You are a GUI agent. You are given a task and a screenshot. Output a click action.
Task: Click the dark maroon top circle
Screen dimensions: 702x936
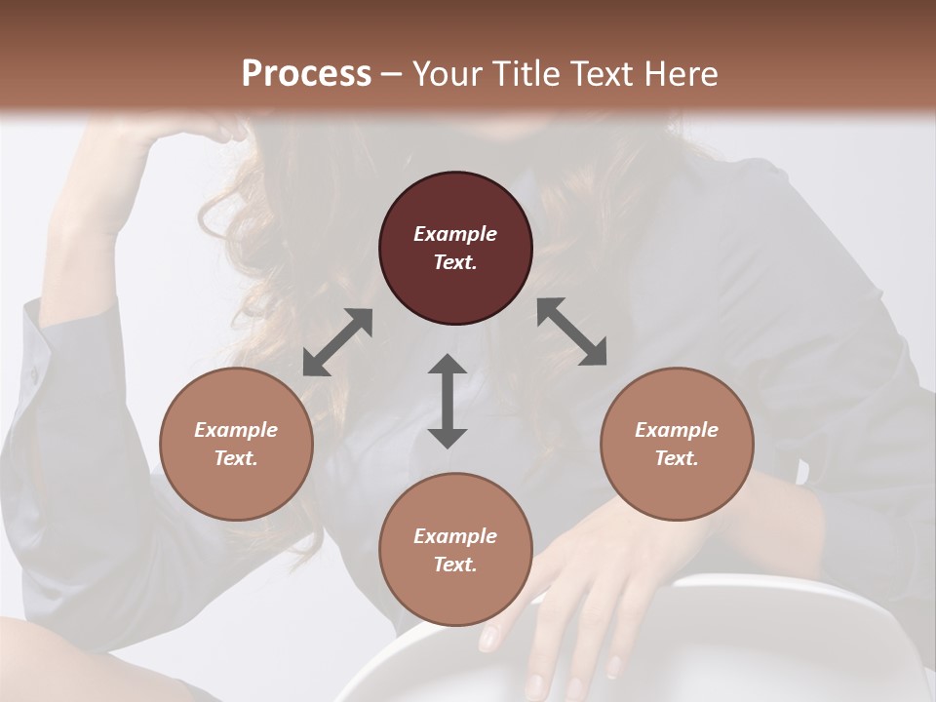455,248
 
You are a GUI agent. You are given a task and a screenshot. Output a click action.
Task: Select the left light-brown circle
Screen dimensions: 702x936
236,444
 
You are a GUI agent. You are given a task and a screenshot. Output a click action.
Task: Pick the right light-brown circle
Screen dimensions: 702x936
677,444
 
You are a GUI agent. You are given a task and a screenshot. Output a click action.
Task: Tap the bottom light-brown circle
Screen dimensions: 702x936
455,550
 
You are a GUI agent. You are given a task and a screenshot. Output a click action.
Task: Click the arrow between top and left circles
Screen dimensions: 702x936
337,342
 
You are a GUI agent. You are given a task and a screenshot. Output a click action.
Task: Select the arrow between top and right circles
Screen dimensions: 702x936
571,331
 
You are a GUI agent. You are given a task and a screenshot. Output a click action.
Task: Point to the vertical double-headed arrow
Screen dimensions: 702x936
448,401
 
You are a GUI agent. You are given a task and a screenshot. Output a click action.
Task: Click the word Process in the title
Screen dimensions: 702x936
306,73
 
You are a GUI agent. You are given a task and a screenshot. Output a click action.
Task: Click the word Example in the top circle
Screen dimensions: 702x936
455,234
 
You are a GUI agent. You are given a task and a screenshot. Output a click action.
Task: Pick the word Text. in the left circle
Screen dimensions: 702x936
236,458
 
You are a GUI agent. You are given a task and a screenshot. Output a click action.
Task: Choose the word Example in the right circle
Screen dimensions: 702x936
677,430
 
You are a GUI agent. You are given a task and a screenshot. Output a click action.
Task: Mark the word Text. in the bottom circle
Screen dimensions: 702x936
455,565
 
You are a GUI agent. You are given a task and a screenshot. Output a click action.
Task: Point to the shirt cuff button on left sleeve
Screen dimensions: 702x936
35,374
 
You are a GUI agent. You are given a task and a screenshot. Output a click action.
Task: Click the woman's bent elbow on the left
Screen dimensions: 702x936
58,322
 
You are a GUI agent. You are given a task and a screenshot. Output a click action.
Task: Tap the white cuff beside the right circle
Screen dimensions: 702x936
803,473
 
